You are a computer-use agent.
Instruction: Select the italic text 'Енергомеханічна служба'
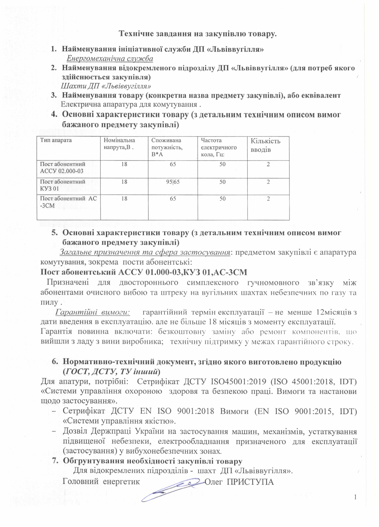pos(110,58)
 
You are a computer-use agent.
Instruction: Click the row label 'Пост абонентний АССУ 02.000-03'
pos(62,167)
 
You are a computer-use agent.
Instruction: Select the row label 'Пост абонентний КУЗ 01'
pos(62,184)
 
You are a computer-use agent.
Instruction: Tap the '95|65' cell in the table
pos(173,182)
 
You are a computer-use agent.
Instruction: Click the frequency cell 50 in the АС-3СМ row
pos(222,198)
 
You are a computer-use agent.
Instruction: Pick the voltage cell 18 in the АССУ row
pos(124,164)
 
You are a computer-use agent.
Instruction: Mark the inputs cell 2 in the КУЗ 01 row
pos(268,182)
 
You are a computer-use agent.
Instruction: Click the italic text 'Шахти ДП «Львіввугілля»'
pos(106,86)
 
